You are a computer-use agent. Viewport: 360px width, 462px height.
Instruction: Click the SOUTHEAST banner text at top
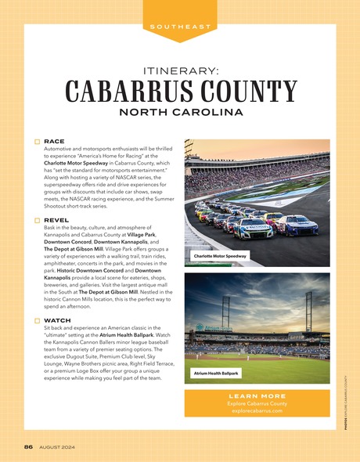(x=180, y=27)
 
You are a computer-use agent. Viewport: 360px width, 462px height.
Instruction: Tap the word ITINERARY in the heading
(x=180, y=70)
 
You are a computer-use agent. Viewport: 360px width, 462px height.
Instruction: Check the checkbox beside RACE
(x=36, y=142)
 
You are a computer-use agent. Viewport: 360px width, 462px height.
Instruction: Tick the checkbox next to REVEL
(x=36, y=222)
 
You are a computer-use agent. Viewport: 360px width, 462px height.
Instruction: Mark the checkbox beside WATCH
(x=36, y=321)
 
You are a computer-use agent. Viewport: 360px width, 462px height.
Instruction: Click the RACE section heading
(x=54, y=142)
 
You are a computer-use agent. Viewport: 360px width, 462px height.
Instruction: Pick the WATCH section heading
(x=58, y=321)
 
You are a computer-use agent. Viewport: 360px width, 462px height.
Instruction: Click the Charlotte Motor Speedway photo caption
(x=219, y=256)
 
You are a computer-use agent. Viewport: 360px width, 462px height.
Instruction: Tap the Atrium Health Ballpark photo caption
(x=216, y=374)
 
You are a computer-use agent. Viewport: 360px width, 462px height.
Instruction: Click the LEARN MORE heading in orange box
(x=257, y=396)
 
